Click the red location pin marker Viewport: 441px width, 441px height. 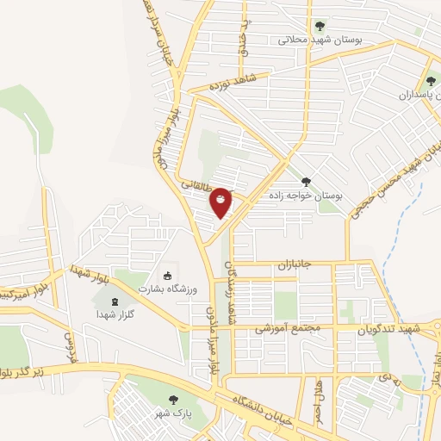pos(220,202)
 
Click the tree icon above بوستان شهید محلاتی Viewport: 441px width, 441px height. pos(320,25)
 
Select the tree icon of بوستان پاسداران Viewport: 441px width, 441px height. pos(430,81)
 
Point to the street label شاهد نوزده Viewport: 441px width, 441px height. pos(228,84)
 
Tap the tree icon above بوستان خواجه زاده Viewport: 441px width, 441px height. pos(306,182)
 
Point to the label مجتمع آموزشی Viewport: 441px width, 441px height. pos(289,328)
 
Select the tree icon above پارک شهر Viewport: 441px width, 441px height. pos(175,399)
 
